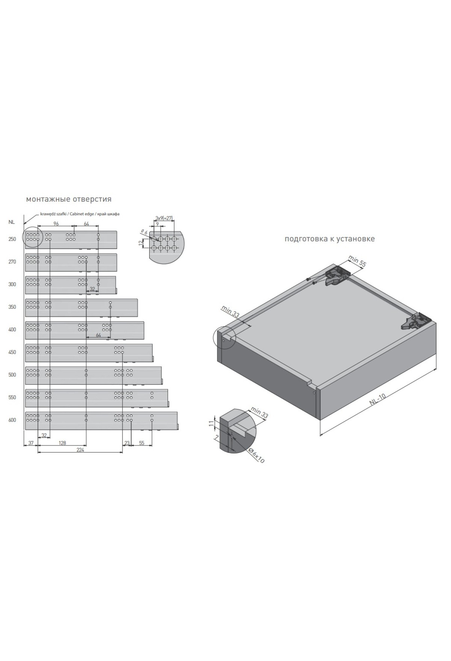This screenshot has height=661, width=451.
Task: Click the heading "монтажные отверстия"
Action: pos(69,199)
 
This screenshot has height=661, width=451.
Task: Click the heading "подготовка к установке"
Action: pos(330,239)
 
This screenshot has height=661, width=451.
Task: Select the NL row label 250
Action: pos(12,239)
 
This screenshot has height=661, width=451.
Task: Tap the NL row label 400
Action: pos(12,330)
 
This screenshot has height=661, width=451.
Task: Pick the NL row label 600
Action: pos(12,420)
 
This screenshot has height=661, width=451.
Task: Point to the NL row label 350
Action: pos(12,307)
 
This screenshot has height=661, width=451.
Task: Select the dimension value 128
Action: pos(62,443)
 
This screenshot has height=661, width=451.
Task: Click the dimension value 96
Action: pos(56,224)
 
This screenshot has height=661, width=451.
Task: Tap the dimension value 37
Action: pos(31,443)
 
